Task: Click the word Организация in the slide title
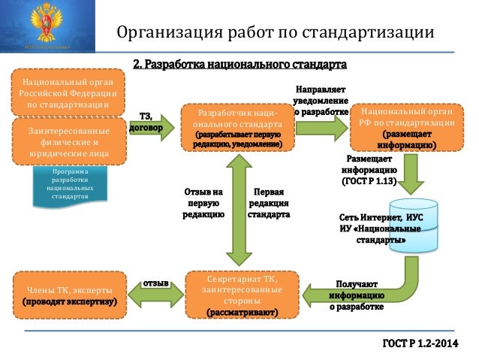point(163,32)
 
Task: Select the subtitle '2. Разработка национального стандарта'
point(239,59)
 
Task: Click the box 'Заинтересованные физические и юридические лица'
point(68,141)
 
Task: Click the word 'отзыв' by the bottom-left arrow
point(155,285)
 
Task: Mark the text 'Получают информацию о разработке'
point(357,295)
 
